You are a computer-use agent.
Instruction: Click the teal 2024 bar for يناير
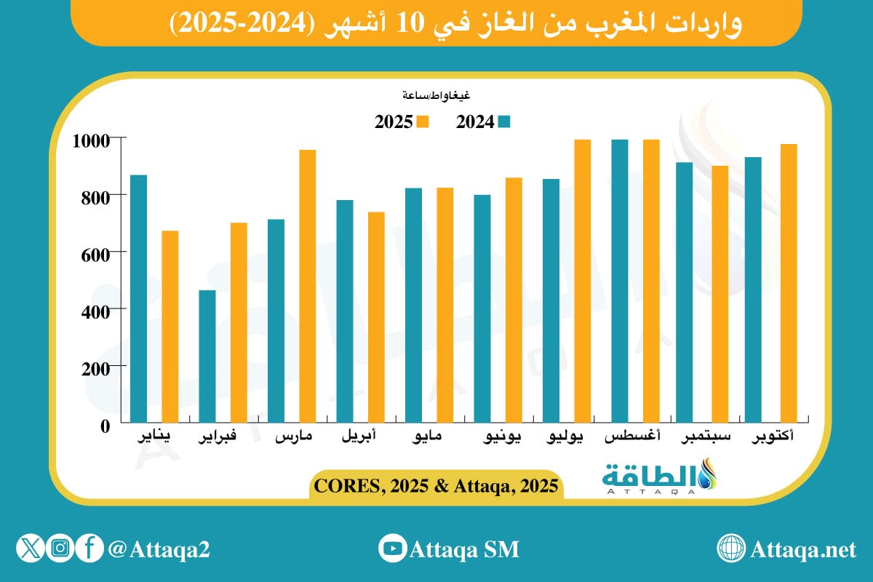pos(138,298)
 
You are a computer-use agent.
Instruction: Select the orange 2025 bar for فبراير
pos(239,322)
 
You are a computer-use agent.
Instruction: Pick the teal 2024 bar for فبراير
pos(207,356)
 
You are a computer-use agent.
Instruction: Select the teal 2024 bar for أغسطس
pos(619,280)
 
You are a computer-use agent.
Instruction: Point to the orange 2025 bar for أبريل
pos(376,316)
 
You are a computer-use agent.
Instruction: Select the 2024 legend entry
pos(484,122)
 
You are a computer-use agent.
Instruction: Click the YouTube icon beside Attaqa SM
pos(393,549)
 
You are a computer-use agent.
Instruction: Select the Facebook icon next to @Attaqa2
pos(89,549)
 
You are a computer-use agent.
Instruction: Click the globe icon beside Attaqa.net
pos(730,549)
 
